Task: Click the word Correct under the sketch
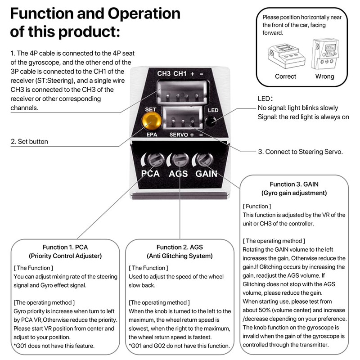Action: coord(285,76)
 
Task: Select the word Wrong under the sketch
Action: coord(324,76)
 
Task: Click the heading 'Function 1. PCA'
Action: coord(65,247)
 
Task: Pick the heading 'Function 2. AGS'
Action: coord(180,247)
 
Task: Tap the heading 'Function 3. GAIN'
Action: coord(294,184)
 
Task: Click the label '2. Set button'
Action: coord(29,141)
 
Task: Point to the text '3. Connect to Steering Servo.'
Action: coord(301,152)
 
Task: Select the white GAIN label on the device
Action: coord(206,174)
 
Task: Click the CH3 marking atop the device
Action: coord(164,73)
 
